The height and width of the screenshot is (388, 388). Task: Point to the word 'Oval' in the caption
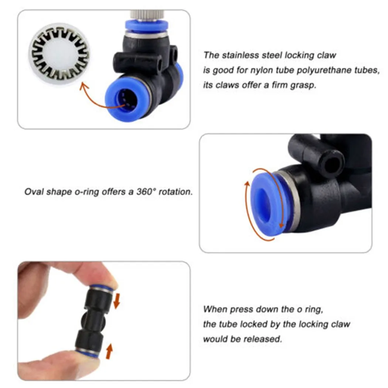pos(33,192)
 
